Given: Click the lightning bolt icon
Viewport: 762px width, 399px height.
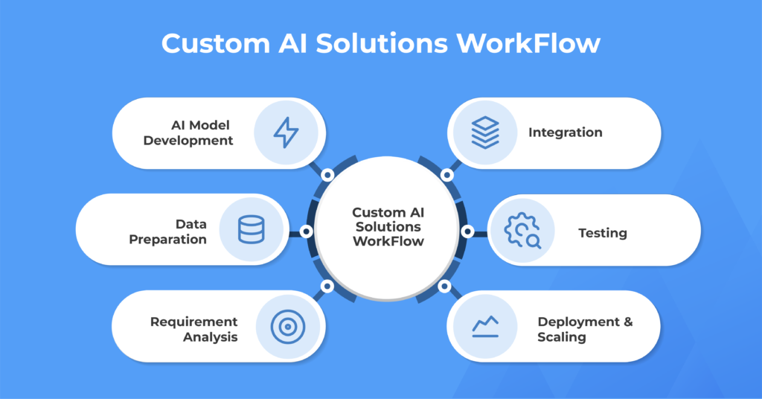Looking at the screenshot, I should (286, 133).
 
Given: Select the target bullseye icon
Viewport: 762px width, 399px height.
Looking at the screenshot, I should (286, 326).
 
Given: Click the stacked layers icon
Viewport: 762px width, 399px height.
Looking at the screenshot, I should (485, 133).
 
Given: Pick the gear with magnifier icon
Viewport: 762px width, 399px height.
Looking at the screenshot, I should (522, 231).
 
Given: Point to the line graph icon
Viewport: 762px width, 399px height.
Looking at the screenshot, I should (485, 326).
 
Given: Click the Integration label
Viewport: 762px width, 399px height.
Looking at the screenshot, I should (566, 133).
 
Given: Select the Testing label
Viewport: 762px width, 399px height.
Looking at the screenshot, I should (603, 233).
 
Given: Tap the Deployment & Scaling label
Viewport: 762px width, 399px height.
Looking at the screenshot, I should (585, 329).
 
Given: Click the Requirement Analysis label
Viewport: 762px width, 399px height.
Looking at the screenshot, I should (194, 329).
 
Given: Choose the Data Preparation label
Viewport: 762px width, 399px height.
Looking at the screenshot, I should (168, 232).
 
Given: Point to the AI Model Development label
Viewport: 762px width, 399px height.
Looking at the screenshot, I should (188, 133).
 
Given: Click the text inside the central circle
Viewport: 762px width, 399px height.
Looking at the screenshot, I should (388, 226).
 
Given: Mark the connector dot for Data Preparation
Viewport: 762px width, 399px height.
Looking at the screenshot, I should (306, 232).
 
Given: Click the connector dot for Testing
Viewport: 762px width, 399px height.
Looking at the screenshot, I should (467, 232).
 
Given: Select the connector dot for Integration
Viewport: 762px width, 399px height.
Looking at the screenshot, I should (446, 175).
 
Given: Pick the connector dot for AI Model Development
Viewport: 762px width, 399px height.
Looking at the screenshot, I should (327, 175).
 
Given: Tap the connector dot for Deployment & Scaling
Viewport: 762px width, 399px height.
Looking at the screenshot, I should (445, 286).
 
